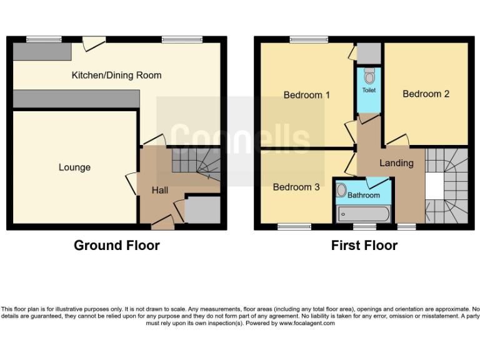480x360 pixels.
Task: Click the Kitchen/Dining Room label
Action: click(x=116, y=75)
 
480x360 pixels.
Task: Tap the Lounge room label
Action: click(x=74, y=167)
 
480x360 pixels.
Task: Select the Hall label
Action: click(x=159, y=191)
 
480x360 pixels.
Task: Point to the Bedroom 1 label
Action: click(x=306, y=95)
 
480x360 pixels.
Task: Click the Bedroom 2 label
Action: click(x=426, y=94)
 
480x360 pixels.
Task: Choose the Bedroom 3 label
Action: click(x=296, y=187)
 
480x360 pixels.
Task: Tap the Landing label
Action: click(x=396, y=163)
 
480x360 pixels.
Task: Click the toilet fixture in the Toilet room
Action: click(x=369, y=76)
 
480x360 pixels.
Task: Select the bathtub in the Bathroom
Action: click(x=363, y=214)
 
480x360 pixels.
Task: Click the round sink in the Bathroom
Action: click(x=341, y=191)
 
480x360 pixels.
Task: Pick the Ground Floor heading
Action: click(x=116, y=246)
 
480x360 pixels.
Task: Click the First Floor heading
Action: click(x=364, y=246)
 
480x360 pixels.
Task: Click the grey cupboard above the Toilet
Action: click(x=369, y=52)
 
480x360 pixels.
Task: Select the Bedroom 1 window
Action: click(x=306, y=39)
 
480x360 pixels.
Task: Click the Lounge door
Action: click(x=131, y=182)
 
